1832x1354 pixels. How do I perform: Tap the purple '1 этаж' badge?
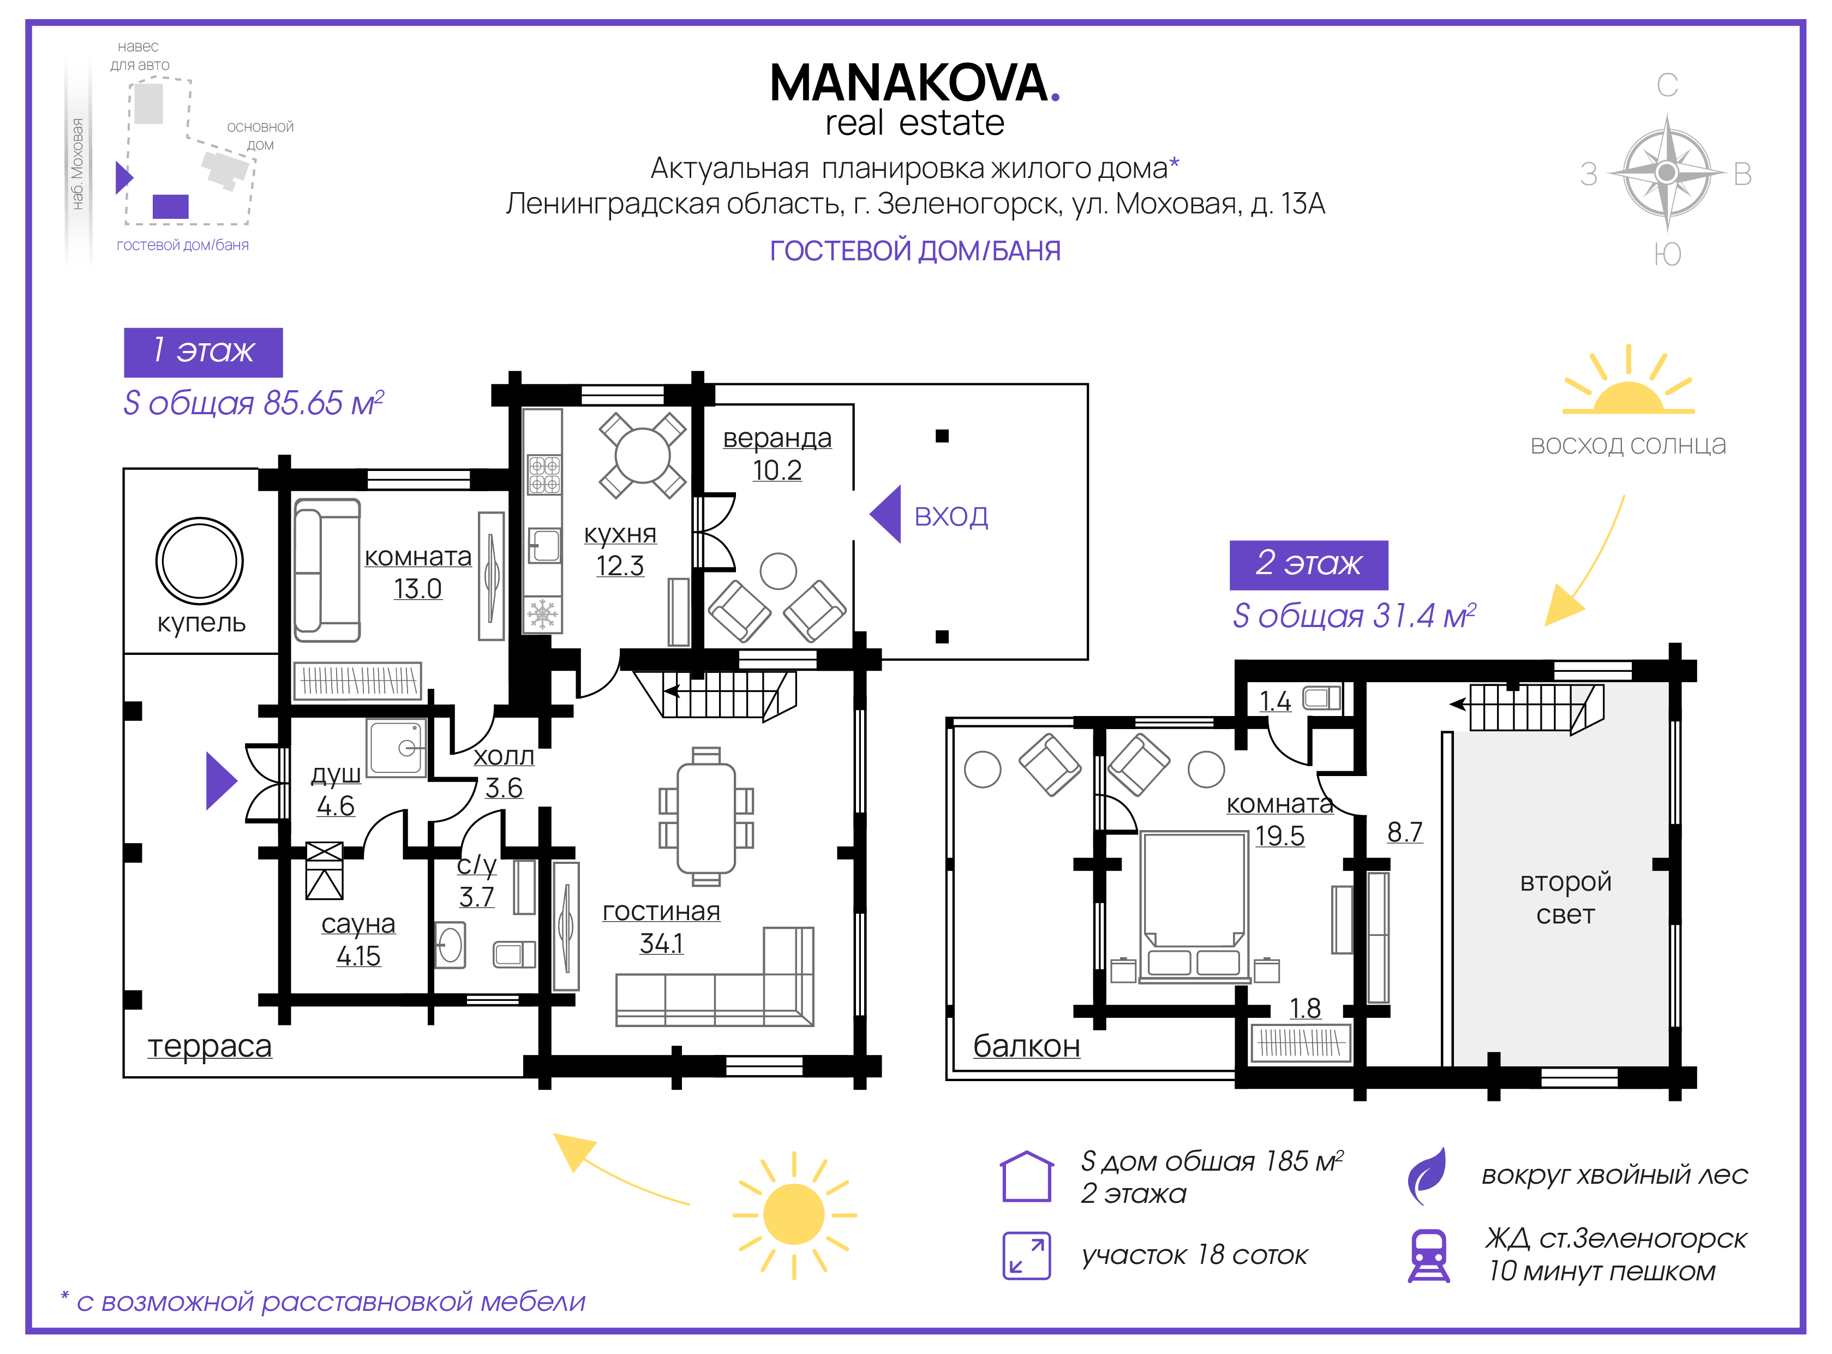pyautogui.click(x=203, y=353)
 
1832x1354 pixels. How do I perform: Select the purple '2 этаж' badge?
pyautogui.click(x=1308, y=565)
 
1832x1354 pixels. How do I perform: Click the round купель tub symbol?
pyautogui.click(x=199, y=560)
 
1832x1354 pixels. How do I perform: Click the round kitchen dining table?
pyautogui.click(x=642, y=456)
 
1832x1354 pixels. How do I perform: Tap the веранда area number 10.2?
pyautogui.click(x=777, y=470)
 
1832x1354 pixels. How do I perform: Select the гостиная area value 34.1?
pyautogui.click(x=661, y=944)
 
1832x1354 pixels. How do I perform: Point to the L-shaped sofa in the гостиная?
pyautogui.click(x=715, y=976)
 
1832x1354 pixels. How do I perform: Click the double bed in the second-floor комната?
pyautogui.click(x=1195, y=906)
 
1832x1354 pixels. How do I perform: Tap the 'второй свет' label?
pyautogui.click(x=1565, y=897)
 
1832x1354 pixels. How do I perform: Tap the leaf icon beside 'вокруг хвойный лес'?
pyautogui.click(x=1427, y=1176)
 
